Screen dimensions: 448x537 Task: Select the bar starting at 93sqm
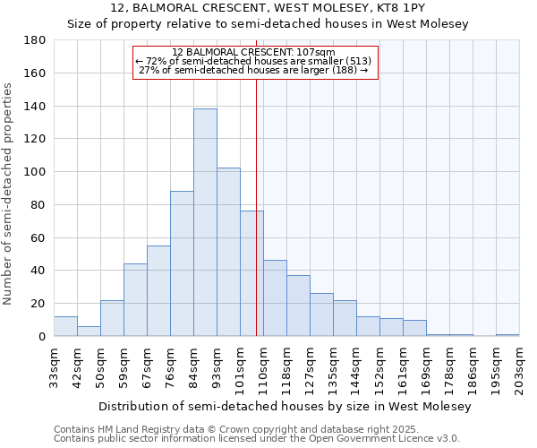click(228, 252)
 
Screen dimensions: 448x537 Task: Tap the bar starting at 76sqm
click(182, 263)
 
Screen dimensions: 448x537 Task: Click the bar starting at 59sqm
click(135, 299)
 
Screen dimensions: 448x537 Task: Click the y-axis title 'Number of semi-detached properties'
click(8, 194)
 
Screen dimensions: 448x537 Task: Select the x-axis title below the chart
click(285, 406)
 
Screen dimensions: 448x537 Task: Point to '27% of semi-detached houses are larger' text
click(254, 70)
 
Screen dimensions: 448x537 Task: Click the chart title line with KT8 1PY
click(268, 7)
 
